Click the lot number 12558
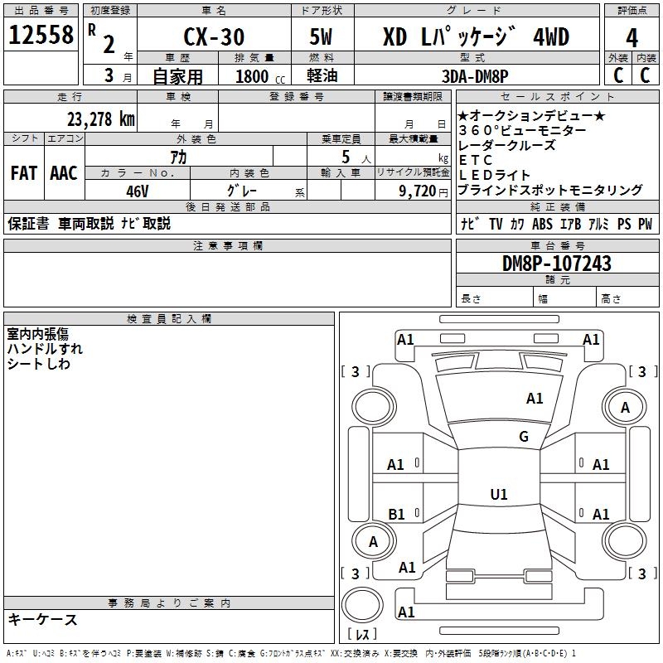click(41, 36)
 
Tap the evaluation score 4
click(632, 37)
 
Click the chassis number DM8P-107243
click(557, 264)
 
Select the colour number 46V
click(138, 191)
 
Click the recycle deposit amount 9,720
click(419, 191)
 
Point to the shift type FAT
click(23, 174)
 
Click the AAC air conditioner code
click(64, 174)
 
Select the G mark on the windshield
click(524, 437)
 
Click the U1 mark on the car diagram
click(498, 495)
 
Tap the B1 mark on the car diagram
click(397, 515)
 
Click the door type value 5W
click(322, 38)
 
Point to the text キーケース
click(43, 620)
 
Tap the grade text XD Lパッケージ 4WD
click(476, 38)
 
